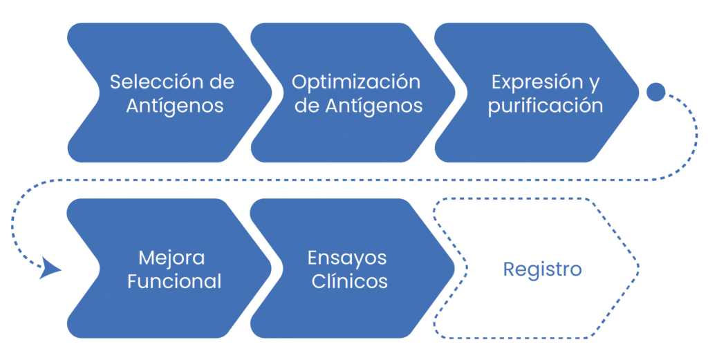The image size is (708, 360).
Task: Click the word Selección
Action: tap(156, 82)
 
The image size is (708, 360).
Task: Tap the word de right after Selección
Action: tap(221, 82)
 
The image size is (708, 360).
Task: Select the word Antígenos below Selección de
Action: tap(175, 106)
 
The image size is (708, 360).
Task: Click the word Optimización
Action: tap(356, 82)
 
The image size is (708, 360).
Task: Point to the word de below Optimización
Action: tap(307, 106)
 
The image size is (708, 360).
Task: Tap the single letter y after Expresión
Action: tap(594, 84)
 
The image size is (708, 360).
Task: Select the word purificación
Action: tap(546, 106)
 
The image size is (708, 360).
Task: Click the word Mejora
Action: tap(171, 258)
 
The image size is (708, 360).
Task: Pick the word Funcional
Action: tap(174, 282)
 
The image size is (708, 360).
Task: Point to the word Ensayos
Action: tap(347, 258)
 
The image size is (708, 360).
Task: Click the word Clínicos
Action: tap(350, 282)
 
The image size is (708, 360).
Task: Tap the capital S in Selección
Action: tap(116, 82)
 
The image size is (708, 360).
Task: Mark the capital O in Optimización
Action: tap(299, 82)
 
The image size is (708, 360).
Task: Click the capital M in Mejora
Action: tap(146, 258)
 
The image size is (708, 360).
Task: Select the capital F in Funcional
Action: tap(132, 282)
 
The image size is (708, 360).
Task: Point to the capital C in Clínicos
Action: tap(318, 282)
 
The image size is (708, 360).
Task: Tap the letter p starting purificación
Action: tap(493, 108)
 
